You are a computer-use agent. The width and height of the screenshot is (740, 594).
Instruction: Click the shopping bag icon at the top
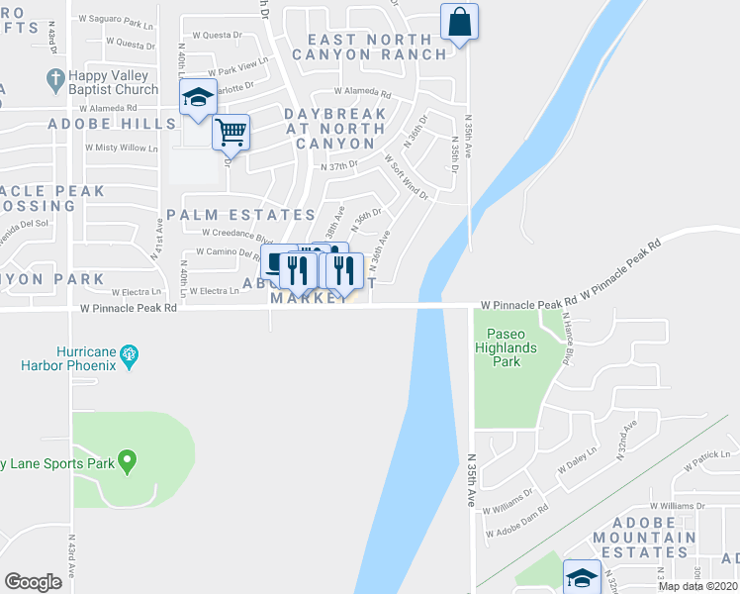pyautogui.click(x=460, y=21)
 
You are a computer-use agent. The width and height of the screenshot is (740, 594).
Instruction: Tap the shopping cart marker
pyautogui.click(x=231, y=131)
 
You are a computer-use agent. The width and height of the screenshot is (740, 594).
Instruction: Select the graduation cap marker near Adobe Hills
pyautogui.click(x=198, y=97)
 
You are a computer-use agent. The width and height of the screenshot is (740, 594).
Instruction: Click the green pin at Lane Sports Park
pyautogui.click(x=126, y=460)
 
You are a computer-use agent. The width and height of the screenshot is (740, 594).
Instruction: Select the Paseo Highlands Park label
pyautogui.click(x=507, y=347)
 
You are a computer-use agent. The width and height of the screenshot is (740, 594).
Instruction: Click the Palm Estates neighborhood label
pyautogui.click(x=240, y=215)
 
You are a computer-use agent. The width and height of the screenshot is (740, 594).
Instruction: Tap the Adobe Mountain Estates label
pyautogui.click(x=640, y=537)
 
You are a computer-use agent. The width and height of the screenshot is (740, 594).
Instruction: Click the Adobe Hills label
pyautogui.click(x=112, y=124)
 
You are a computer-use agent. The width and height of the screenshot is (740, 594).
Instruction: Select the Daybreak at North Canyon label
pyautogui.click(x=336, y=129)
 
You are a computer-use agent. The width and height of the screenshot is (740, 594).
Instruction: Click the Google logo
pyautogui.click(x=34, y=582)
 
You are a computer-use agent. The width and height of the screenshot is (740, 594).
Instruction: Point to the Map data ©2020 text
pyautogui.click(x=696, y=586)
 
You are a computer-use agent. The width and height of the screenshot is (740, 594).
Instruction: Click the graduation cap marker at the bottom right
pyautogui.click(x=582, y=575)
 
